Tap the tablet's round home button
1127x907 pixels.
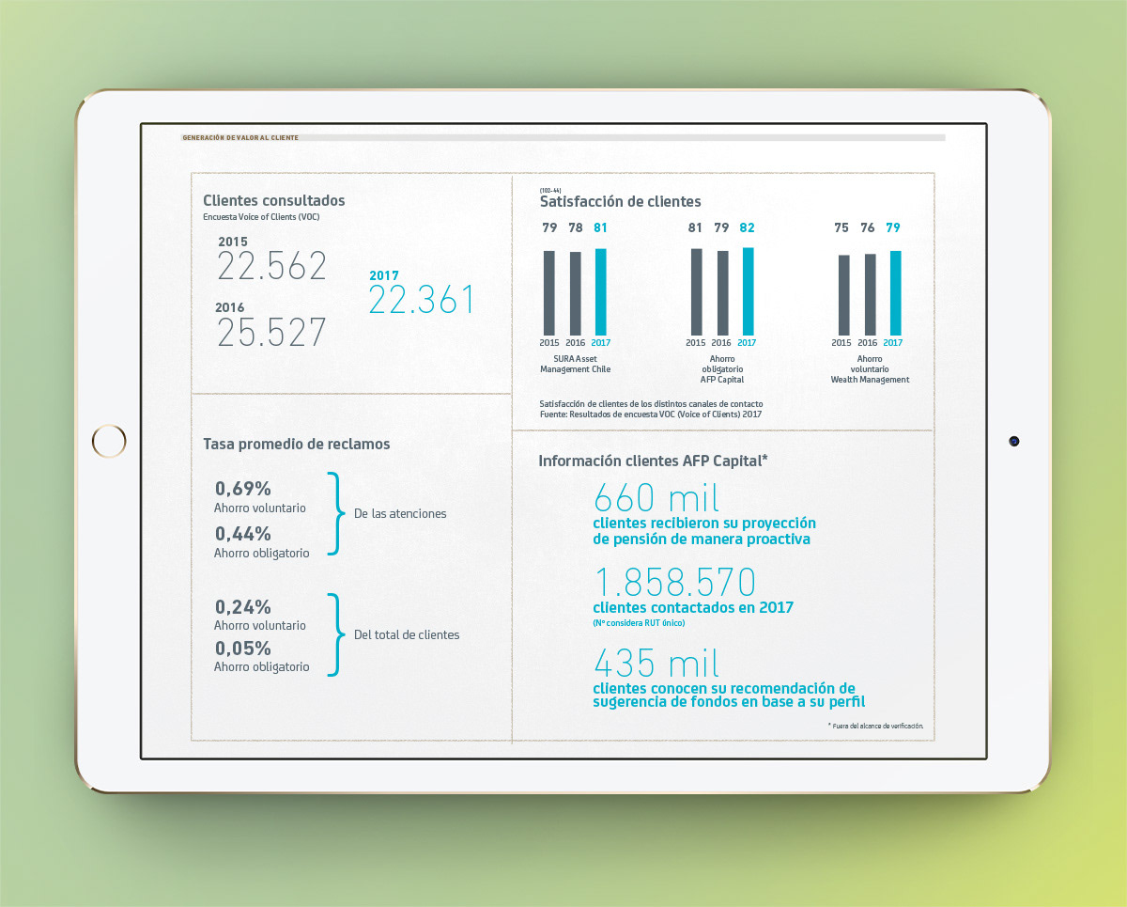109,440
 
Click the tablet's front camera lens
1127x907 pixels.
1014,440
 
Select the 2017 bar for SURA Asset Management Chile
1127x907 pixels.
601,291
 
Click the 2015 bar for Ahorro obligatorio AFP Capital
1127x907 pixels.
696,291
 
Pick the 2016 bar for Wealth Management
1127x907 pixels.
870,294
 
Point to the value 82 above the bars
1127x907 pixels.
748,227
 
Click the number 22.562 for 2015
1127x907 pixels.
272,266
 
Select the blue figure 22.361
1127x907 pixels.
422,300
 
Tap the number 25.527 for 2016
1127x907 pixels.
272,333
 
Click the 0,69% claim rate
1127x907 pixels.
243,489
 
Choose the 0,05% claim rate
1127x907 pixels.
243,649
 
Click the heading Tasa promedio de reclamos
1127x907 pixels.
297,444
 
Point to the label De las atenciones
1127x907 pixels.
400,514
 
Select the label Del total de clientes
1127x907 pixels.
407,634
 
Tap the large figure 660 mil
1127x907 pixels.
656,497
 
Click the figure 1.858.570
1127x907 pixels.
674,583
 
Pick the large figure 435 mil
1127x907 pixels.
656,664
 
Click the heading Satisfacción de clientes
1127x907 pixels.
620,201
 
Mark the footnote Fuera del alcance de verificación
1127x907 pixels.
876,726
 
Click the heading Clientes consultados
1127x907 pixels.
274,200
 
